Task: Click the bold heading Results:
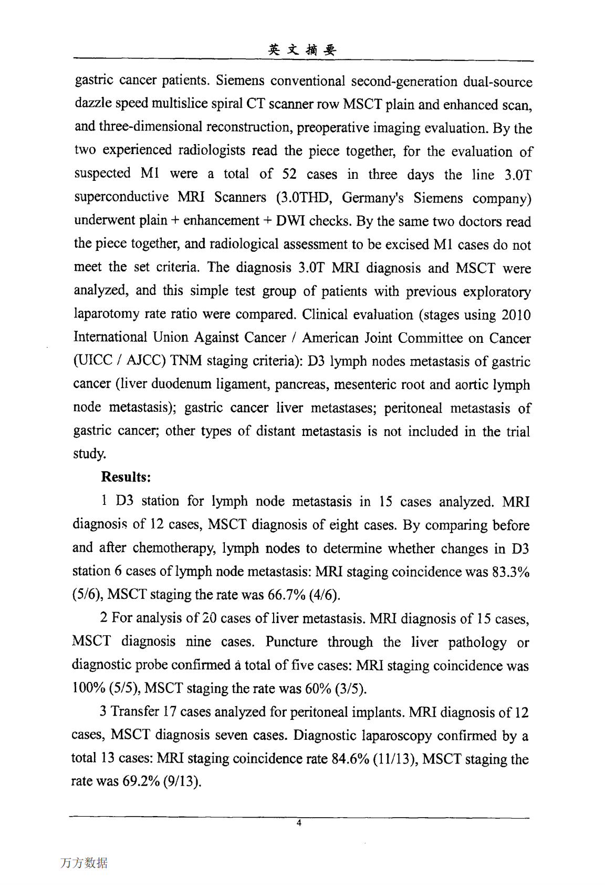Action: (x=126, y=477)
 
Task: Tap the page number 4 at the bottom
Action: (x=299, y=823)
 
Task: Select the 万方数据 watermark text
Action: (x=84, y=863)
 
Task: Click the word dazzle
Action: (x=92, y=104)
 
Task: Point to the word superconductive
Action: (x=121, y=197)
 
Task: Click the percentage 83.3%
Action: (x=510, y=572)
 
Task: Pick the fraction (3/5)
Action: (x=351, y=688)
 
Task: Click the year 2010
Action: (x=516, y=315)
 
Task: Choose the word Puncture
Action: (x=291, y=642)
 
